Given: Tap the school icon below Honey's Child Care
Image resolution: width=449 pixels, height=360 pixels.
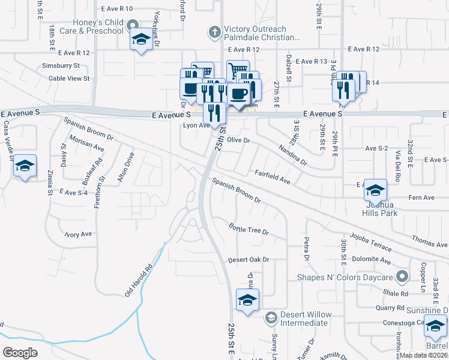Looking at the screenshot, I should [141, 41].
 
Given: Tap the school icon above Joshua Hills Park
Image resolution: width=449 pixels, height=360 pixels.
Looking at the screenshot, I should [375, 190].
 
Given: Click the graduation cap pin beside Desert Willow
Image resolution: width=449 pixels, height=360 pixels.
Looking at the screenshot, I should [271, 316].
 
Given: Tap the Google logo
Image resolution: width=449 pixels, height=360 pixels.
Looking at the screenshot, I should [20, 352].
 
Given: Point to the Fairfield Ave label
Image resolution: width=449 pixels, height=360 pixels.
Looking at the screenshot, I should [273, 176].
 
